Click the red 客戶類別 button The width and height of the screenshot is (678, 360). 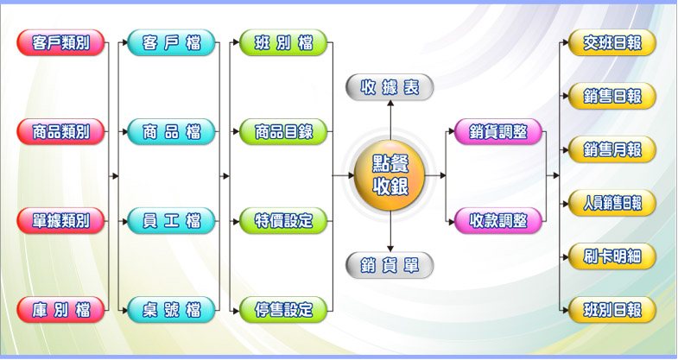pos(60,42)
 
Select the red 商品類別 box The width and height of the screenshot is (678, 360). pos(60,131)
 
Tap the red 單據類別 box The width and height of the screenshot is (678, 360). pos(60,219)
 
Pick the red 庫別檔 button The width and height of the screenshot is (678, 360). pos(60,308)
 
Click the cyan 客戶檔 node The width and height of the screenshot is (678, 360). pos(171,42)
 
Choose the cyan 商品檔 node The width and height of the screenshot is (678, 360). pos(171,131)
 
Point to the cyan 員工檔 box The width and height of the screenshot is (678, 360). pos(171,219)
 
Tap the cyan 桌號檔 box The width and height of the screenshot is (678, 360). pos(171,308)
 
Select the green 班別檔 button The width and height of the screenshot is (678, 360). pos(283,42)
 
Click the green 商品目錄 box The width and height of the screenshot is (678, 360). pos(283,131)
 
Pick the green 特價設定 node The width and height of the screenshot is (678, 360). pos(283,219)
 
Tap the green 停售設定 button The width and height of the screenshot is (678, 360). pos(283,308)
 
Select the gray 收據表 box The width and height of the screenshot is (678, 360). pos(390,86)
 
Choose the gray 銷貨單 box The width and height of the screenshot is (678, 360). pos(390,264)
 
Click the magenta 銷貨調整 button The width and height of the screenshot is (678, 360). pos(498,131)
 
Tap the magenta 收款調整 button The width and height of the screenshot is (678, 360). pos(498,219)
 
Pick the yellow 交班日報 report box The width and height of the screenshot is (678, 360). pos(612,42)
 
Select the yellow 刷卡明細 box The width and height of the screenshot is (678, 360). pos(612,256)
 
